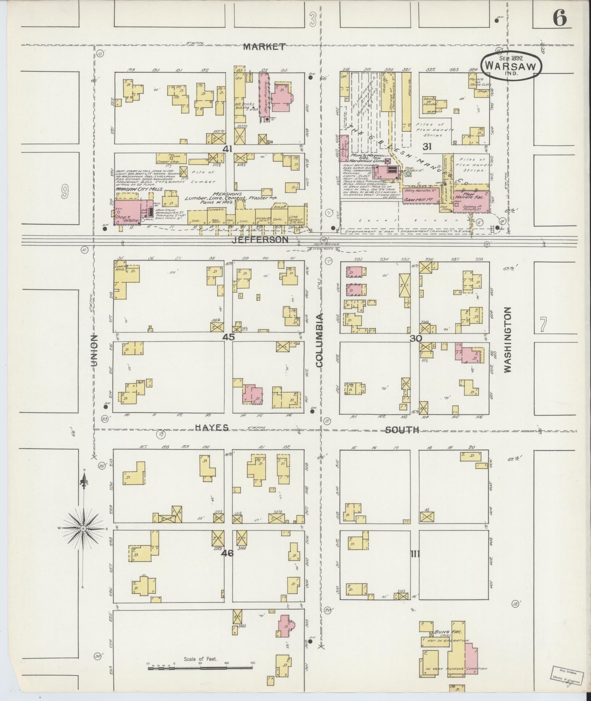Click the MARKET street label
[x=264, y=47]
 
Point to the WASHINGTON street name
[x=507, y=340]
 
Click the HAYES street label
[x=212, y=428]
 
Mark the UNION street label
[x=94, y=351]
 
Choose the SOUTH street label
[x=402, y=430]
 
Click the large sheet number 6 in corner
[x=559, y=18]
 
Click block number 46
[x=227, y=553]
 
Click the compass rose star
[x=84, y=528]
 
